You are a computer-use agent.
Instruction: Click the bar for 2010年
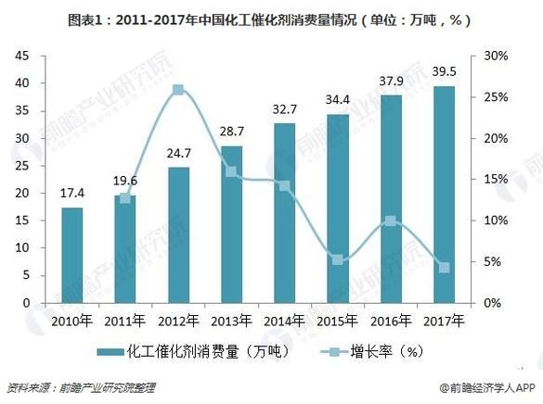(x=72, y=256)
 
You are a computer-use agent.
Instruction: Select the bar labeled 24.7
(x=178, y=235)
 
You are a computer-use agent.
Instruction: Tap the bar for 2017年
(x=444, y=195)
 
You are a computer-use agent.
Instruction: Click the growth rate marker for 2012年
(x=178, y=90)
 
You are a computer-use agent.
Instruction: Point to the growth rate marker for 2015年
(x=338, y=260)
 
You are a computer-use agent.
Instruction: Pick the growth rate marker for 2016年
(x=391, y=221)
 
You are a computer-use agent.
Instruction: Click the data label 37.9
(x=391, y=81)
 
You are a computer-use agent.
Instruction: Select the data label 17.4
(x=72, y=194)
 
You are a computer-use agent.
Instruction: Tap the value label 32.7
(x=285, y=109)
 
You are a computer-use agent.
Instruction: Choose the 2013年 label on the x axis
(x=232, y=321)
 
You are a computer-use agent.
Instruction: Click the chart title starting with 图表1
(x=271, y=16)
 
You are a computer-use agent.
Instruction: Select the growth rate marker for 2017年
(x=444, y=268)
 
